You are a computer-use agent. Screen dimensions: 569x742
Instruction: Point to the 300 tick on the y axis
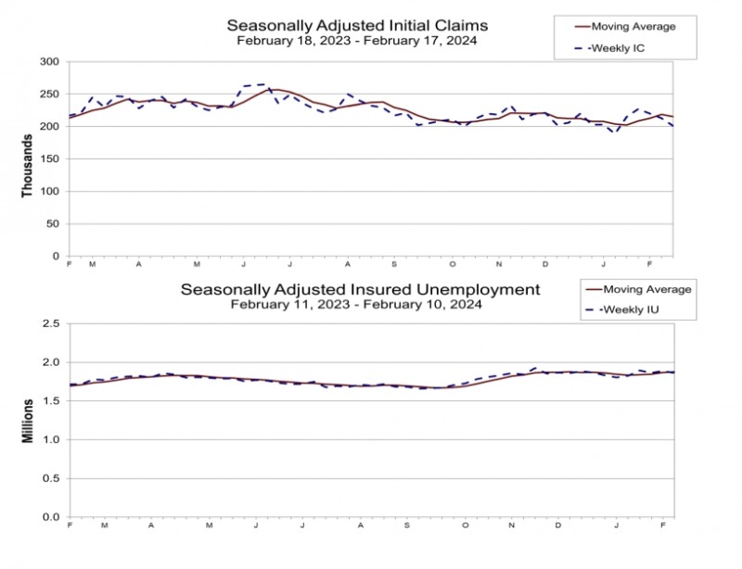[x=50, y=62]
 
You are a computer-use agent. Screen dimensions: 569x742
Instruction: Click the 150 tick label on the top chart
[x=50, y=159]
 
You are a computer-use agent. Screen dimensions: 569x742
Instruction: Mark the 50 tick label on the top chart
[x=53, y=224]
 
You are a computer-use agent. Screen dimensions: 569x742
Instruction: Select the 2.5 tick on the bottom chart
[x=52, y=324]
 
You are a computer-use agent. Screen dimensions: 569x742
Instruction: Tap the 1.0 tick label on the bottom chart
[x=52, y=440]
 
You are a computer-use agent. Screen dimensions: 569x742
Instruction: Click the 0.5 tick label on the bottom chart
[x=52, y=478]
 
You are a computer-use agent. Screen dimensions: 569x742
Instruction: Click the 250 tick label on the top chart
[x=50, y=95]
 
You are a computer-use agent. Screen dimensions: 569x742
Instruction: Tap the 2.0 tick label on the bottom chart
[x=52, y=362]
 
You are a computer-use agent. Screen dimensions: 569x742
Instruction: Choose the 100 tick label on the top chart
[x=50, y=192]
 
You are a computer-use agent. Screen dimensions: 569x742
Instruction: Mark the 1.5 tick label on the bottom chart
[x=52, y=401]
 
